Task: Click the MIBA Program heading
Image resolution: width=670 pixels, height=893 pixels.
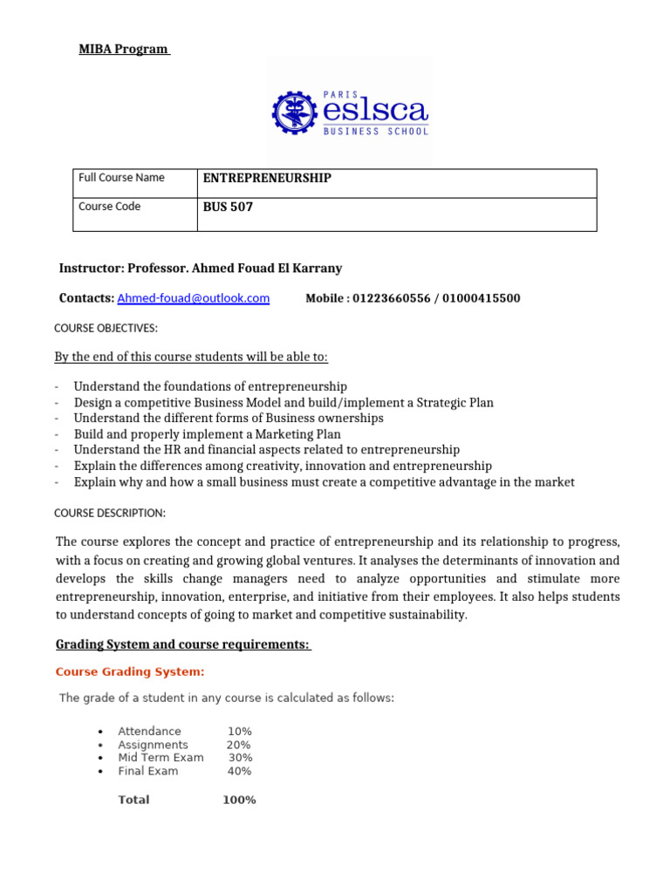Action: (123, 49)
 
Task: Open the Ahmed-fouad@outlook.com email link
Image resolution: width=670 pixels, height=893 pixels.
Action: (193, 298)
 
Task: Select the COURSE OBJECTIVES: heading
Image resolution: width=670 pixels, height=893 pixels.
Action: (106, 329)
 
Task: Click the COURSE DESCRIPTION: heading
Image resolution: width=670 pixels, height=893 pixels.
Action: (110, 513)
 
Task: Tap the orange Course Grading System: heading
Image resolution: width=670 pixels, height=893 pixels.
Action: (130, 671)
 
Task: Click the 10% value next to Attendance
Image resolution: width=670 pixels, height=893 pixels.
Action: (239, 732)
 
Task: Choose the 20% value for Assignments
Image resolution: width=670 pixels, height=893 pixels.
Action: (238, 745)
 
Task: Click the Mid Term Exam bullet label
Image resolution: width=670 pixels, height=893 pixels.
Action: (161, 758)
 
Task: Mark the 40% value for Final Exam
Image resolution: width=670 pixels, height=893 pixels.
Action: (239, 771)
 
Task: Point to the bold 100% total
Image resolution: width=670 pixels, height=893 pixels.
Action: (239, 800)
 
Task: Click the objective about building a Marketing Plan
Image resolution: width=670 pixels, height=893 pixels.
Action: (207, 434)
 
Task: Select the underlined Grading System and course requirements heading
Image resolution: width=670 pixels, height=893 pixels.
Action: (183, 644)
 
